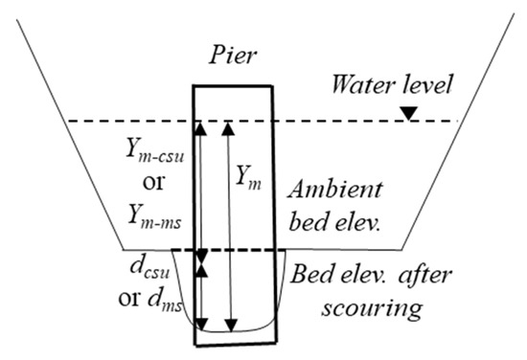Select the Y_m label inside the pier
click(248, 176)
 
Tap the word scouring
click(348, 310)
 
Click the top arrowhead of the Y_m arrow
click(228, 127)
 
